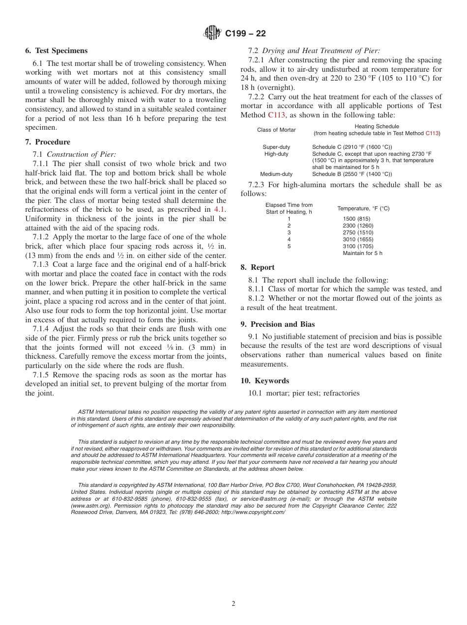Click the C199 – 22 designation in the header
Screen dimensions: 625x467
click(x=245, y=34)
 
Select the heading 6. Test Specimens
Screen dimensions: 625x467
click(x=57, y=51)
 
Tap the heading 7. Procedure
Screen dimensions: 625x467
click(x=48, y=142)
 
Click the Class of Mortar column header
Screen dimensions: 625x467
click(x=276, y=130)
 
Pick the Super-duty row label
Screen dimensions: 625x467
click(x=276, y=147)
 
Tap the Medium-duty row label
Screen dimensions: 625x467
click(x=276, y=174)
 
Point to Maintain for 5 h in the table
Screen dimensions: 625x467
click(x=362, y=253)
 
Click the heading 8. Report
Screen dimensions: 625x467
click(x=258, y=267)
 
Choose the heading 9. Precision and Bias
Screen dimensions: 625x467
click(x=278, y=324)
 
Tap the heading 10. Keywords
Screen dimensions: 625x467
click(x=265, y=381)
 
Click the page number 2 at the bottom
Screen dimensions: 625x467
click(x=233, y=604)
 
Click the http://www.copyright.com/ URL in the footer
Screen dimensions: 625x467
click(x=253, y=512)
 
